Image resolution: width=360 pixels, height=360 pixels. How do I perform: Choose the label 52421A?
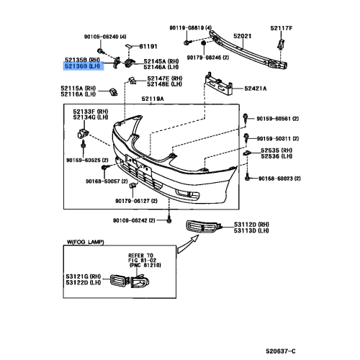(255, 89)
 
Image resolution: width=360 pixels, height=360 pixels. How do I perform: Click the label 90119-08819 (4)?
(194, 27)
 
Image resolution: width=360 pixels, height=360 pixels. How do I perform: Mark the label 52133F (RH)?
(90, 112)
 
